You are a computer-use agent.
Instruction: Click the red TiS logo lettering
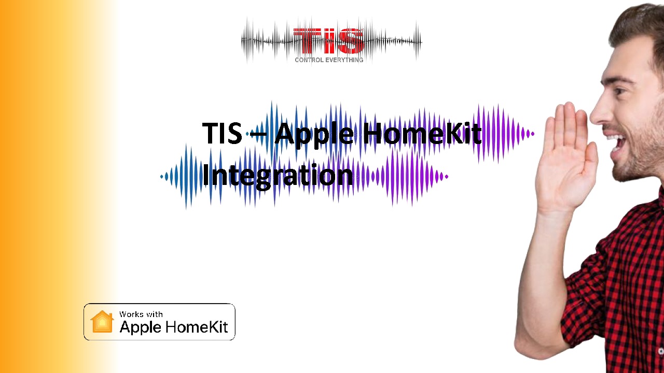coord(328,41)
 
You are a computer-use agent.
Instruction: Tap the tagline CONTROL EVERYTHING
coord(329,60)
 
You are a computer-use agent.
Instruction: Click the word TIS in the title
coord(222,133)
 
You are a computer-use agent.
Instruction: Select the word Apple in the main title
coord(314,135)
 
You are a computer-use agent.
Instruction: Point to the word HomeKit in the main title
coord(422,133)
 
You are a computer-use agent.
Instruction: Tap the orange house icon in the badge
coord(102,322)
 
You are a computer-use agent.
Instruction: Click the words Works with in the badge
coord(141,314)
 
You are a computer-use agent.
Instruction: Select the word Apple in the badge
coord(141,327)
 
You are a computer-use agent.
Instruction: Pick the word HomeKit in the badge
coord(197,327)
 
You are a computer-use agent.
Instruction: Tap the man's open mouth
coord(618,142)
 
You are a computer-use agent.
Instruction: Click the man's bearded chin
coord(626,171)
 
